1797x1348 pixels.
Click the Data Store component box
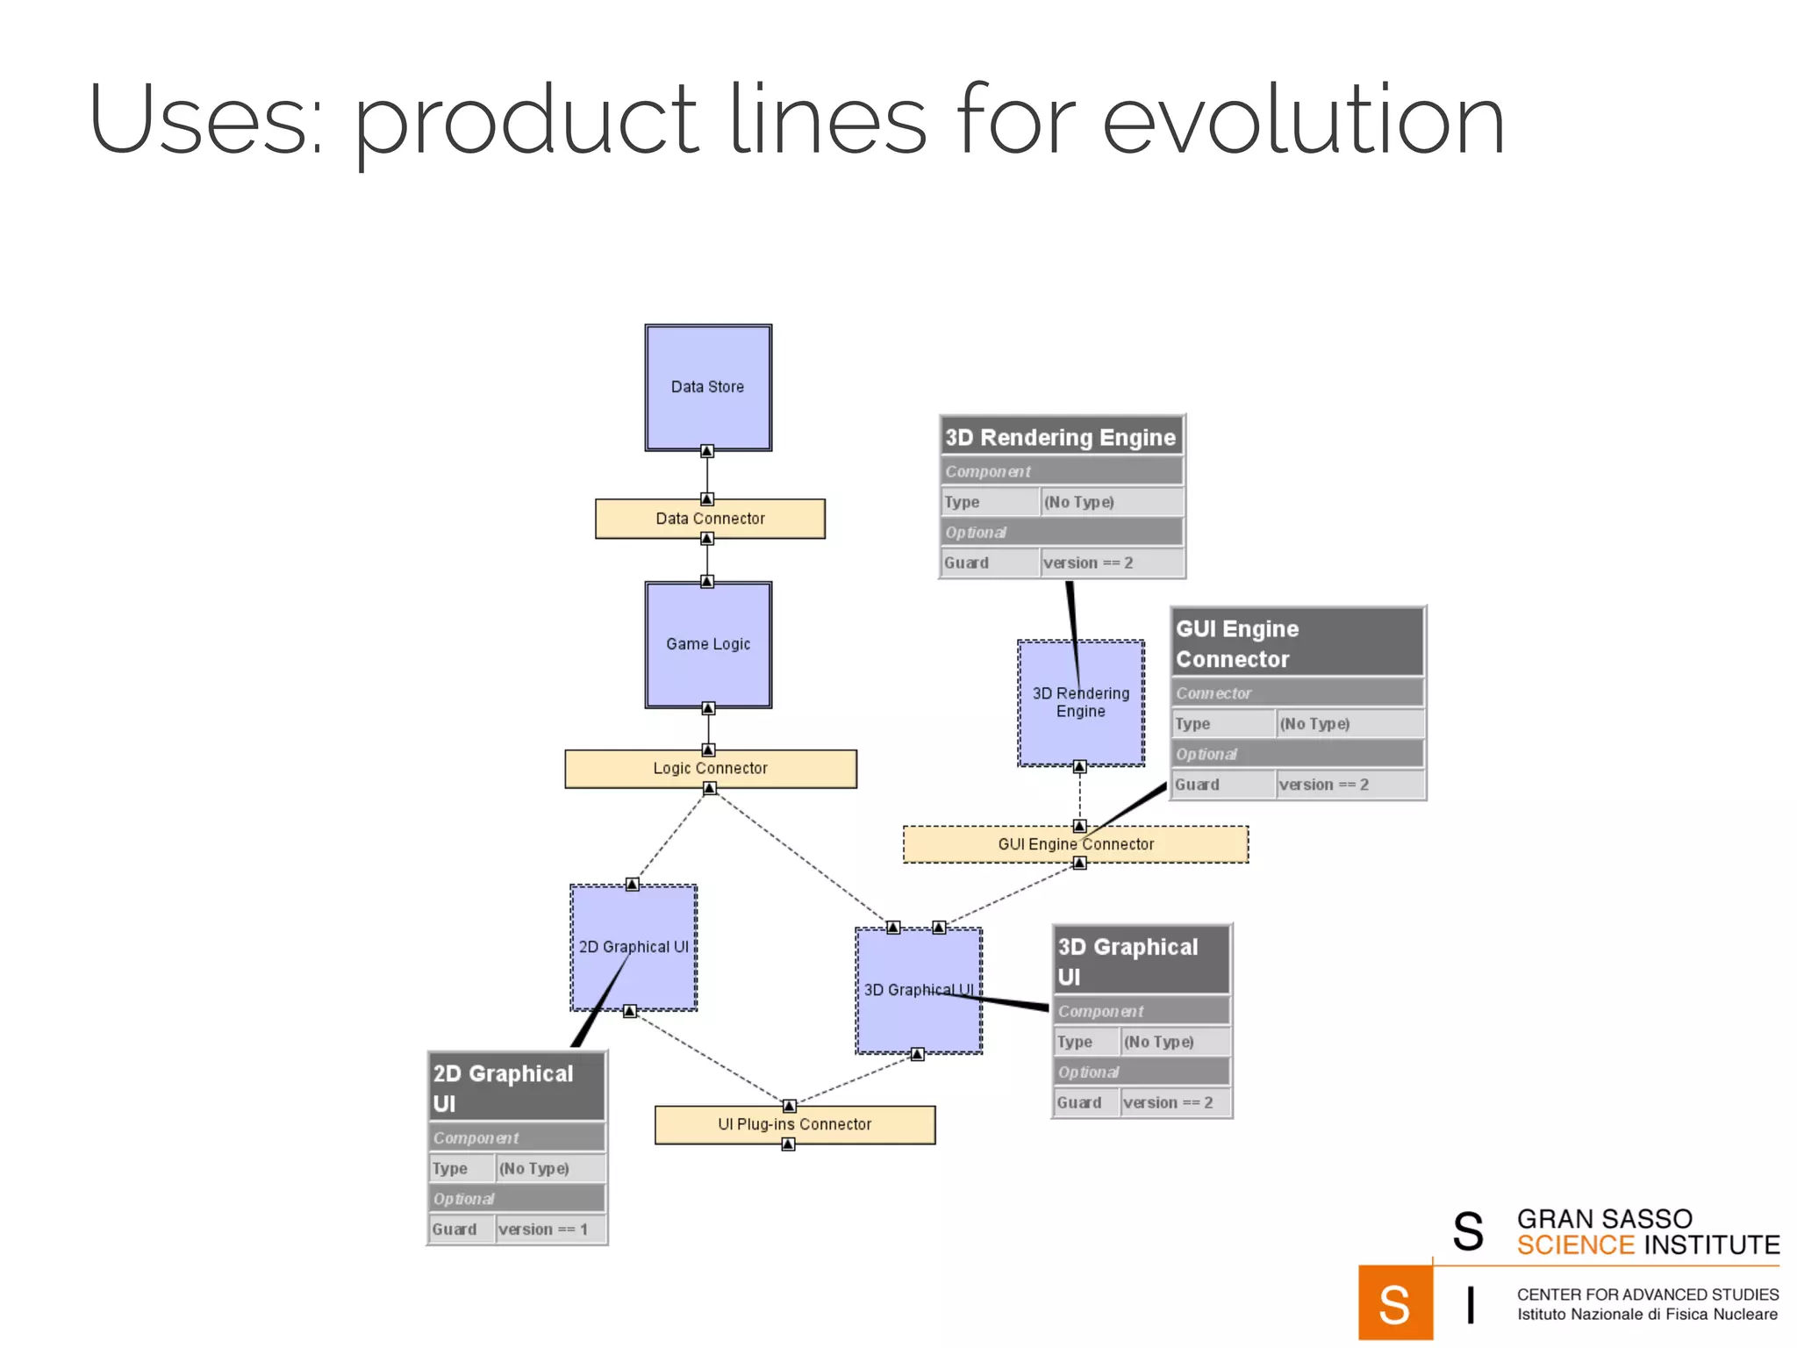[x=708, y=387]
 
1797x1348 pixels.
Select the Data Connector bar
[x=710, y=519]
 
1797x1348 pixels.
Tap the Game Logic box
[x=708, y=644]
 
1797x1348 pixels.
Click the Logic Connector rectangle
[x=710, y=769]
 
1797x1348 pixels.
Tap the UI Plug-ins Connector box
[x=794, y=1124]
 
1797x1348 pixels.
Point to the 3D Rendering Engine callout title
[x=1061, y=437]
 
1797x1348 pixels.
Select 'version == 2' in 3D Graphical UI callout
[x=1169, y=1103]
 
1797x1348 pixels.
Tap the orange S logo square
[x=1394, y=1303]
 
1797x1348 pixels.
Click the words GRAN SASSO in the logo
[x=1604, y=1219]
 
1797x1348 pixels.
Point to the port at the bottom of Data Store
[x=707, y=451]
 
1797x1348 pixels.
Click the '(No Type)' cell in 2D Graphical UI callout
[x=535, y=1169]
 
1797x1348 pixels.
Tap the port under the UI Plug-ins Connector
[x=788, y=1144]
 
